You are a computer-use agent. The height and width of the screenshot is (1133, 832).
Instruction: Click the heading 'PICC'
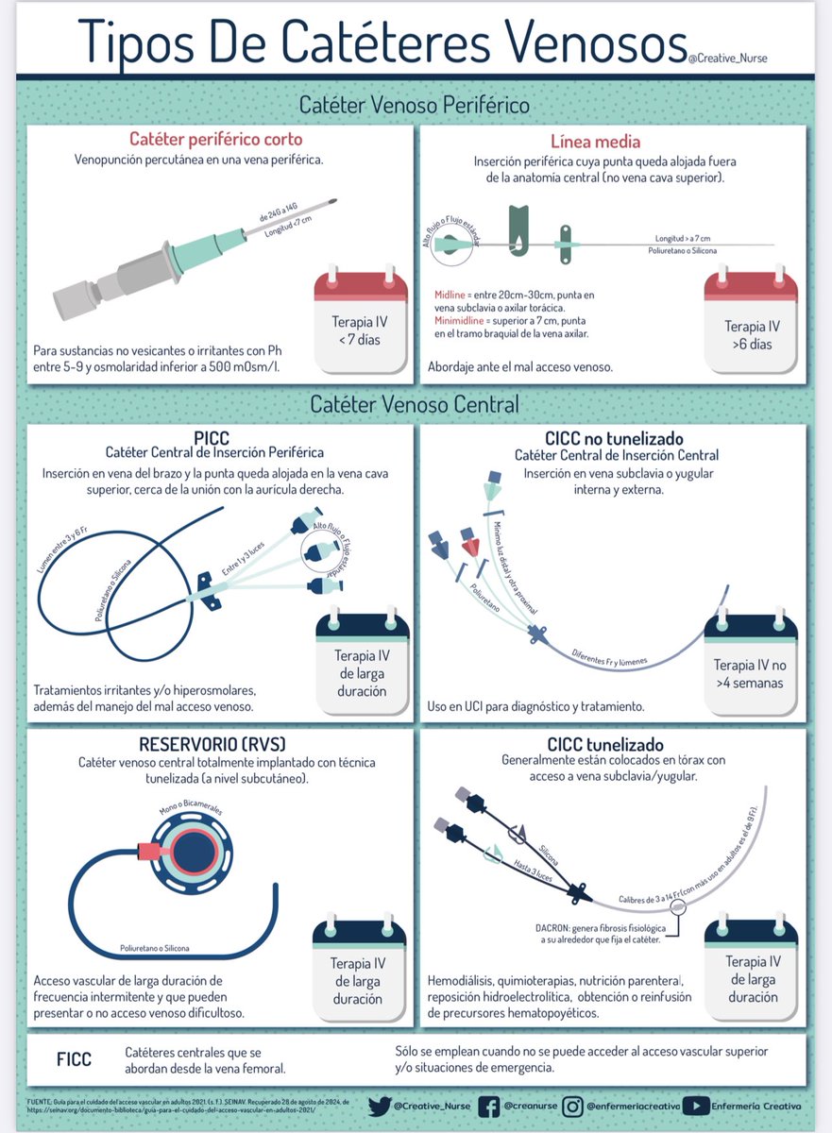[213, 438]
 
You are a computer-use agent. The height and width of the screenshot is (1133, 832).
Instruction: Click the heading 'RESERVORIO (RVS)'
[220, 743]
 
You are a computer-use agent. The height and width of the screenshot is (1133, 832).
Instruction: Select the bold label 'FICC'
[74, 1059]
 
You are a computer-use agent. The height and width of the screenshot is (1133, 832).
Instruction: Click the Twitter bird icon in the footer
[379, 1106]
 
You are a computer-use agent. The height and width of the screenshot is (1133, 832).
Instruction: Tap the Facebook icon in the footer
[490, 1106]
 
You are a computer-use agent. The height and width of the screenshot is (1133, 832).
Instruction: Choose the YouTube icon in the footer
[696, 1106]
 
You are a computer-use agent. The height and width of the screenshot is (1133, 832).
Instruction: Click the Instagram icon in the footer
[573, 1106]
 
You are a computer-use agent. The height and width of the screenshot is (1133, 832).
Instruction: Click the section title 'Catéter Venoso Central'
[416, 405]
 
